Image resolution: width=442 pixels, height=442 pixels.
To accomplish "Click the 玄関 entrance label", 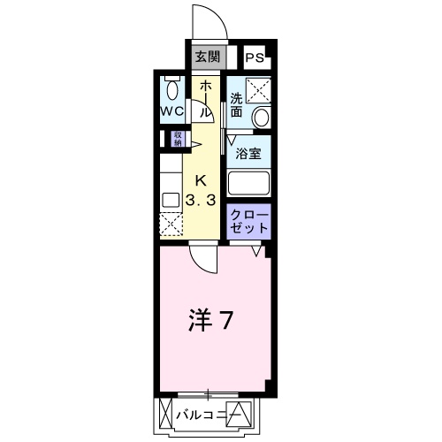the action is [208, 57].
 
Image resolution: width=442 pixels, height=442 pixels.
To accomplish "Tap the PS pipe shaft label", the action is [255, 57].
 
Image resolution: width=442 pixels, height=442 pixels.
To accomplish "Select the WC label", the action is [172, 111].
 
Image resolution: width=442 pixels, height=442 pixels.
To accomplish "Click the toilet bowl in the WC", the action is [172, 90].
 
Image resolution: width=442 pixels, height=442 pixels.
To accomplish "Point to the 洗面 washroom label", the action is [236, 105].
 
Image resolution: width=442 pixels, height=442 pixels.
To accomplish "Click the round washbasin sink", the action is [262, 118].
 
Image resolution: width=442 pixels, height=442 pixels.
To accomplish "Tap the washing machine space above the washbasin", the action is [258, 90].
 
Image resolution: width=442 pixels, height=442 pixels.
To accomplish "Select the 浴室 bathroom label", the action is [248, 154].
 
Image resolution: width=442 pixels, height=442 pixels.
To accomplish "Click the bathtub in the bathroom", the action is [248, 183].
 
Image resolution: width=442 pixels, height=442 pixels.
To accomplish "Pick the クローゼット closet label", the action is [249, 221].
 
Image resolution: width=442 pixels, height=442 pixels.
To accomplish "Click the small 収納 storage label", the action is [178, 139].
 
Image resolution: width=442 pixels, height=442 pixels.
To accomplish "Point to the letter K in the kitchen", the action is [202, 180].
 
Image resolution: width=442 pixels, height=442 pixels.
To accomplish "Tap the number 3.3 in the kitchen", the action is [201, 201].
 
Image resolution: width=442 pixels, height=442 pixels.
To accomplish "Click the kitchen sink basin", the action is [171, 200].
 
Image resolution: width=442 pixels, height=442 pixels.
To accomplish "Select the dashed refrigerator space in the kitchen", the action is [171, 225].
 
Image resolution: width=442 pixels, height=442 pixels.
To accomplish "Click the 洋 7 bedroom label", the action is [211, 321].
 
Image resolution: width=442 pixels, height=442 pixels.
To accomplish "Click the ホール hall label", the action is [206, 100].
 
